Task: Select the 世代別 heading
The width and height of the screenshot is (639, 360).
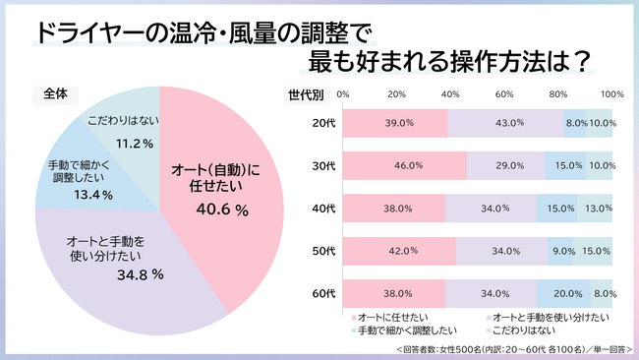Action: [306, 94]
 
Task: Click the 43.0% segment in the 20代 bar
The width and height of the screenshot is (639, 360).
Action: [505, 123]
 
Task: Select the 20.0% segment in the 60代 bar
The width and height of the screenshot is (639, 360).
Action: [563, 292]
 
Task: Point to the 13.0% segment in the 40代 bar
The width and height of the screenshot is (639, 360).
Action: [595, 208]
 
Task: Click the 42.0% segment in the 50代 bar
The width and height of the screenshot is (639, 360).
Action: [399, 250]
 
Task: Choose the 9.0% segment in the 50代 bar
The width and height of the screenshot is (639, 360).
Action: [559, 250]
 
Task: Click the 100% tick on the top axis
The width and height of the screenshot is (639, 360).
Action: [611, 94]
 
